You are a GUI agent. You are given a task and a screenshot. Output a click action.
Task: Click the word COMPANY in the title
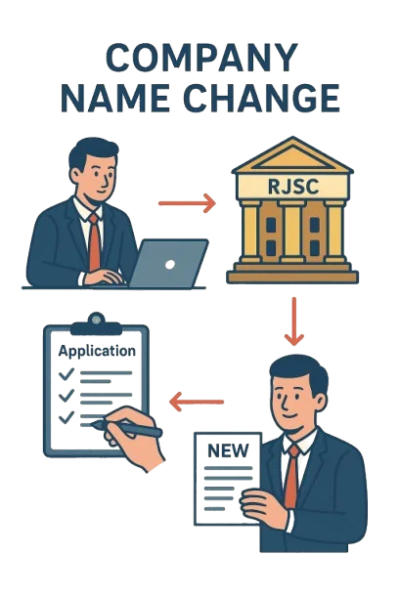pyautogui.click(x=201, y=58)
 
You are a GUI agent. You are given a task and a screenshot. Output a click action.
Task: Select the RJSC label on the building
pyautogui.click(x=293, y=187)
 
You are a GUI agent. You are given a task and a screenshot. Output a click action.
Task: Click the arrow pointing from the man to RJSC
pyautogui.click(x=187, y=203)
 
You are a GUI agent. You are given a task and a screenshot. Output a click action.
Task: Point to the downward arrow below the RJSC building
pyautogui.click(x=294, y=321)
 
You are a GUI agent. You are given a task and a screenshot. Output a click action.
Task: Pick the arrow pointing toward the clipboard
pyautogui.click(x=197, y=402)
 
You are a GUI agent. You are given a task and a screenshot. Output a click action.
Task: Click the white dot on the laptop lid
pyautogui.click(x=170, y=264)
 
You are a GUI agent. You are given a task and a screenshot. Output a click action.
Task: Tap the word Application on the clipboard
pyautogui.click(x=97, y=351)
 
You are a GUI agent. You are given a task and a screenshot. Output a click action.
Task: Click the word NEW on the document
pyautogui.click(x=228, y=450)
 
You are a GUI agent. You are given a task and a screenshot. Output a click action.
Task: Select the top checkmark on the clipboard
pyautogui.click(x=66, y=373)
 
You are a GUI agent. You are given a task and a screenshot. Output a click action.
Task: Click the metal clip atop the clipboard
pyautogui.click(x=96, y=324)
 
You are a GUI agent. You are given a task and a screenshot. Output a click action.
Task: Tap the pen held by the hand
pyautogui.click(x=125, y=428)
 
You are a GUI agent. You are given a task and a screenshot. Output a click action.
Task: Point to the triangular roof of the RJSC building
pyautogui.click(x=292, y=154)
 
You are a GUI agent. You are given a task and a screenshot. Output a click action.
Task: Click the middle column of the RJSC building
pyautogui.click(x=292, y=232)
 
